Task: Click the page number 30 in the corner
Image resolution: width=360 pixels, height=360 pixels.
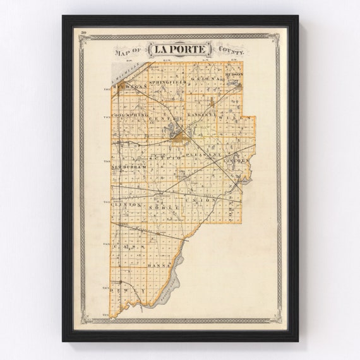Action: [83, 32]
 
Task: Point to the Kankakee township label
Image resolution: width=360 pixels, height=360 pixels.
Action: [202, 117]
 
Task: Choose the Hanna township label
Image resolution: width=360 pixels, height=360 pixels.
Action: [156, 266]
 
